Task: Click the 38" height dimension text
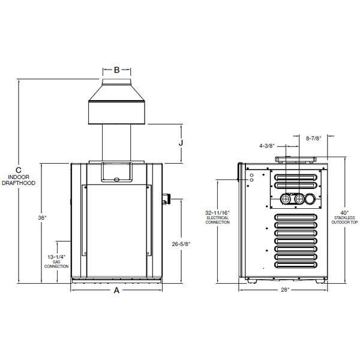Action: (x=25, y=218)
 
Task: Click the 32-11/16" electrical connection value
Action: (x=217, y=212)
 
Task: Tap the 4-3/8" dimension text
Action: (x=268, y=146)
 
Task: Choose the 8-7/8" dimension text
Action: (x=313, y=138)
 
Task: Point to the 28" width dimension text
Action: (x=285, y=290)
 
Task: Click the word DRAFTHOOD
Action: (x=21, y=182)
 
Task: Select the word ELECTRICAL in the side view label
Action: (x=217, y=218)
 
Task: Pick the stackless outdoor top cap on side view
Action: (x=294, y=160)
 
